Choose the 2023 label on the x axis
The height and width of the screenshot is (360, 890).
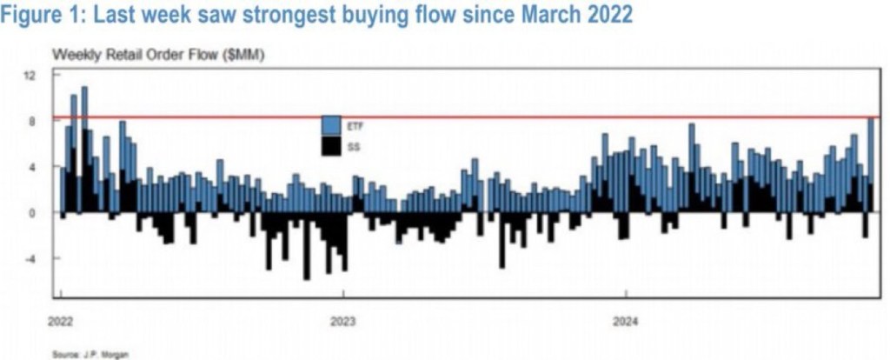(343, 321)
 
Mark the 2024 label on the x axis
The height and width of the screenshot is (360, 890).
(626, 321)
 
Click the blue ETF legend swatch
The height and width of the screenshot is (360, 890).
(330, 126)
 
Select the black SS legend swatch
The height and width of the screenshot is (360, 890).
(330, 147)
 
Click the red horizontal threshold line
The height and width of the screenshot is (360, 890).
(435, 117)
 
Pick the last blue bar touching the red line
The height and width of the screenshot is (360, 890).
(872, 148)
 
